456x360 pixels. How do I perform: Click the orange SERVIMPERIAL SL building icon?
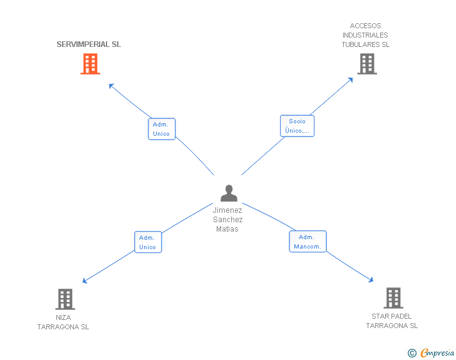click(90, 64)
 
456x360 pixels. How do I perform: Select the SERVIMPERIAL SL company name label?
click(89, 44)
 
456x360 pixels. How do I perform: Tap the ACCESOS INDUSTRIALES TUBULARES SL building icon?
click(367, 64)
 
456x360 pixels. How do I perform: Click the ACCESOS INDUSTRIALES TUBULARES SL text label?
click(366, 35)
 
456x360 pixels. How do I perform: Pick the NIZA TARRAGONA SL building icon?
click(65, 299)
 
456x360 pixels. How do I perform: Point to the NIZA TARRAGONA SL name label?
click(63, 322)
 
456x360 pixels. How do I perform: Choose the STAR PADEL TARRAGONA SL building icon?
click(393, 298)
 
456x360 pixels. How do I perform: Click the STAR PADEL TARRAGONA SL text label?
click(391, 321)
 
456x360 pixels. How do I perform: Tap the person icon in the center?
click(229, 193)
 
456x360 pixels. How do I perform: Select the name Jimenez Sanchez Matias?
click(227, 220)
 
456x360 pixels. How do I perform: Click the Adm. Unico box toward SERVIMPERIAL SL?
click(162, 129)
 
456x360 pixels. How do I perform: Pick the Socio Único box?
click(297, 126)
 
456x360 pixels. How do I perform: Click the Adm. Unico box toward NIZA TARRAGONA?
click(148, 242)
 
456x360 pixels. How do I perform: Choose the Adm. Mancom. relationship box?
click(308, 242)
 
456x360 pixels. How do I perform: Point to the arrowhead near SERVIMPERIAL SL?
click(111, 85)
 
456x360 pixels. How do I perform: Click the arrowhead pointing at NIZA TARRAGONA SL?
click(85, 281)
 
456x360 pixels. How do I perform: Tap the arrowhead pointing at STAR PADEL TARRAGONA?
click(371, 280)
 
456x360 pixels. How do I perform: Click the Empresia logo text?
click(437, 353)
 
